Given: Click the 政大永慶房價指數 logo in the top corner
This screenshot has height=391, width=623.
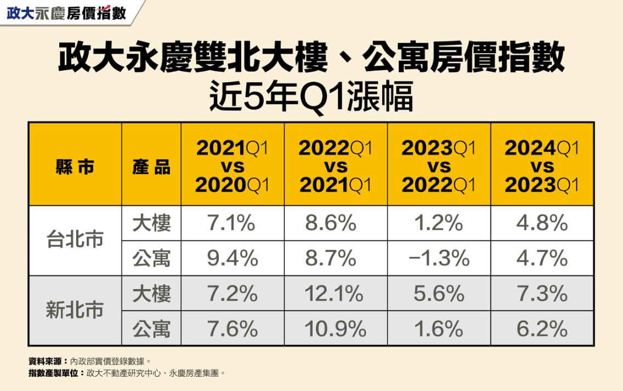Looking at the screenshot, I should coord(66,13).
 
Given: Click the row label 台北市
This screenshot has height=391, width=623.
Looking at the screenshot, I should coord(75,240).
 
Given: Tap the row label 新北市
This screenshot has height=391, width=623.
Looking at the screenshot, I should coord(75,311).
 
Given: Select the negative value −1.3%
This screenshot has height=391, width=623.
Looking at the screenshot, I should coord(439,258).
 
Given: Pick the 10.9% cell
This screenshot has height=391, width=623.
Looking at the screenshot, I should coord(335,329).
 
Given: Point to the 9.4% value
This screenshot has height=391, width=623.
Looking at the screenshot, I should coord(231,258).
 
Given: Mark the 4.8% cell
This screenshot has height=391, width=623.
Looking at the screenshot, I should coord(542,223).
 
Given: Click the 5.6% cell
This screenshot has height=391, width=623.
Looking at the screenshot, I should coord(439,294).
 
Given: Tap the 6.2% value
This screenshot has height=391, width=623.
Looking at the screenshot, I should coord(542,329).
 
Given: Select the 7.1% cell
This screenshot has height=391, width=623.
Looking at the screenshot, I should coord(231,223).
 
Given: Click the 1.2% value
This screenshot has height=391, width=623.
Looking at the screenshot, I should coord(439,223).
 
